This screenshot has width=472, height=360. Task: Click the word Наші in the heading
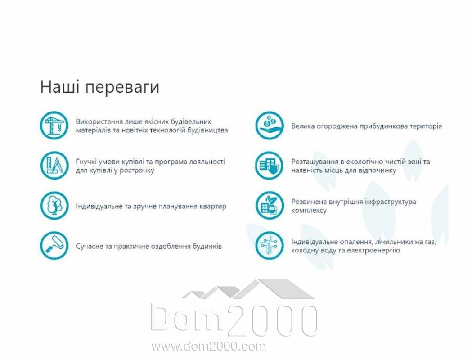[x=60, y=87]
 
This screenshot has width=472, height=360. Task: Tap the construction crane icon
[x=54, y=126]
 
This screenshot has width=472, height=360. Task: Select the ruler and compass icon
[x=54, y=166]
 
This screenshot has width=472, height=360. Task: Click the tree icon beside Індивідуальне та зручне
[x=54, y=206]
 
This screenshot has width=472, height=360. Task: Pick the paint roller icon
[x=54, y=246]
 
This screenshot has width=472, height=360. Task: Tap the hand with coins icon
[x=270, y=126]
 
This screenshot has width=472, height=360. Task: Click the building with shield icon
[x=270, y=166]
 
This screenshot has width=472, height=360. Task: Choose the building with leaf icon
[x=270, y=206]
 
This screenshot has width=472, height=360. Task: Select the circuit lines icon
[x=270, y=246]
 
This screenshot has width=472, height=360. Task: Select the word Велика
[x=301, y=126]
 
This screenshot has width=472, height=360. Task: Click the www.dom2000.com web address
[x=209, y=346]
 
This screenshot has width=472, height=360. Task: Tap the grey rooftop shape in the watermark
[x=249, y=289]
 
